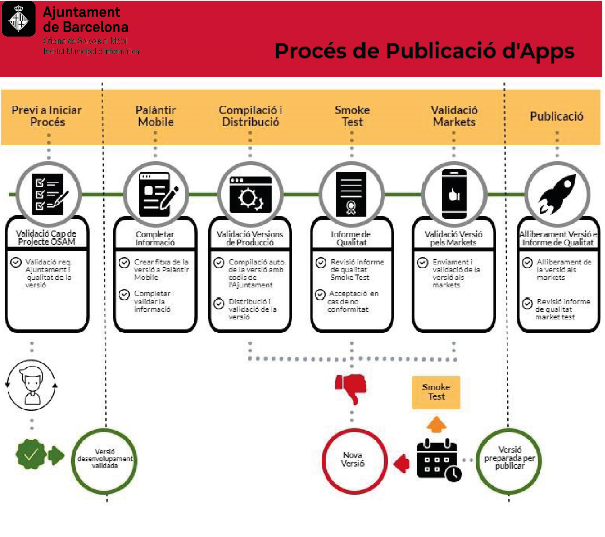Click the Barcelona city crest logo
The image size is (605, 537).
19,19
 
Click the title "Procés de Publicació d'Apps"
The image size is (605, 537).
424,51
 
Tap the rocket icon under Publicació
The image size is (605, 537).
557,195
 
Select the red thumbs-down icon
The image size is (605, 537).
351,388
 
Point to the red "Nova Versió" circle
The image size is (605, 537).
353,460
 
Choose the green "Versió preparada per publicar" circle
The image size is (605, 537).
509,459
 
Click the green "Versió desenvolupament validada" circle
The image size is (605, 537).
104,459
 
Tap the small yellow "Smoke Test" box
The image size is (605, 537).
436,392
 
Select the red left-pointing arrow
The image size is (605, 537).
402,463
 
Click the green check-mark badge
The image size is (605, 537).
31,455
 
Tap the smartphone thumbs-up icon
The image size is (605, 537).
454,195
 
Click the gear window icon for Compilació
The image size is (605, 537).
251,195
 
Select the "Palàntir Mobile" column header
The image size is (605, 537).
156,116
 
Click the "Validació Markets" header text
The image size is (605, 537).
454,116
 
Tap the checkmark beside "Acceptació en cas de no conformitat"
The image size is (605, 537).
320,294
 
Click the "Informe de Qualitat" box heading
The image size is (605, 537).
351,238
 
